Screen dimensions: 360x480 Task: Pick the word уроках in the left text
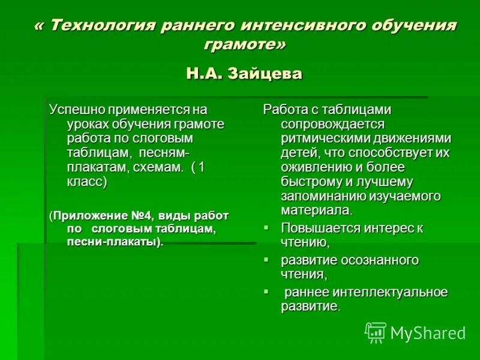click(89, 124)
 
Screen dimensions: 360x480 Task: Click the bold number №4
click(142, 215)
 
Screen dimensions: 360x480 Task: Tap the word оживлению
click(314, 167)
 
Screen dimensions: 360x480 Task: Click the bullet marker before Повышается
click(268, 229)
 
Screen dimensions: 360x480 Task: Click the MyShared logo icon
click(376, 332)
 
